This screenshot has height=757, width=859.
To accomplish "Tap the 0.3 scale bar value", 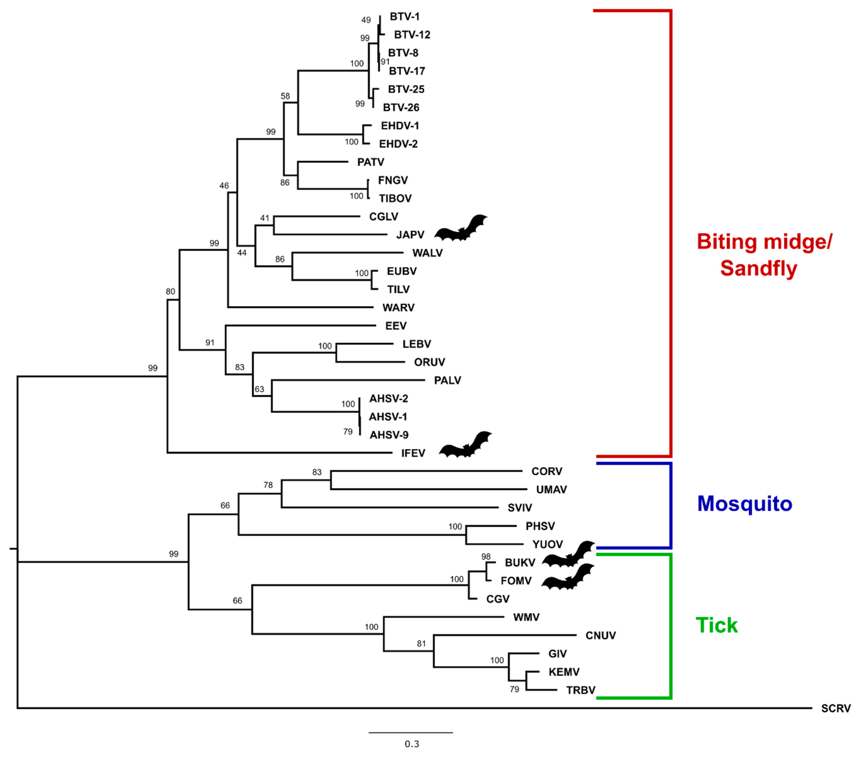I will pyautogui.click(x=411, y=744).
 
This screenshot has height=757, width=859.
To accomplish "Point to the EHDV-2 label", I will pyautogui.click(x=398, y=144).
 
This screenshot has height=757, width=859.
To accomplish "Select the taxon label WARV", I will pyautogui.click(x=398, y=308).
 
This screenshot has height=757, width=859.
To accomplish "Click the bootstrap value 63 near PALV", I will pyautogui.click(x=259, y=389).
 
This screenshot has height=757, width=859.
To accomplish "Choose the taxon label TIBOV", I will pyautogui.click(x=395, y=198).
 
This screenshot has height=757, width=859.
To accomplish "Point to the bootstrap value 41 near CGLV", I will pyautogui.click(x=264, y=218).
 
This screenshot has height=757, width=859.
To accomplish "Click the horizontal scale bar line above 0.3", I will pyautogui.click(x=411, y=733).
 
